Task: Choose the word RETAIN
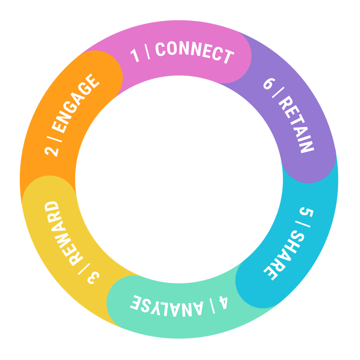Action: tap(296, 124)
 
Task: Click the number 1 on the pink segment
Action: tap(135, 55)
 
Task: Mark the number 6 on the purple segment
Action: tap(268, 83)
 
